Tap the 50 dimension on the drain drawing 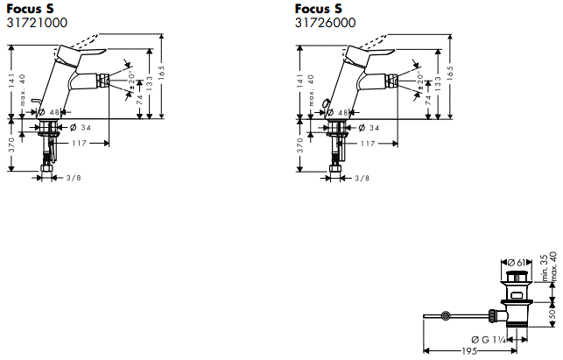point(552,312)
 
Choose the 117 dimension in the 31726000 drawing point(369,143)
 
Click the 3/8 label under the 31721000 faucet point(74,178)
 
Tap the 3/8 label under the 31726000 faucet point(362,178)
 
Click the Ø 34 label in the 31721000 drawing point(81,128)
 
